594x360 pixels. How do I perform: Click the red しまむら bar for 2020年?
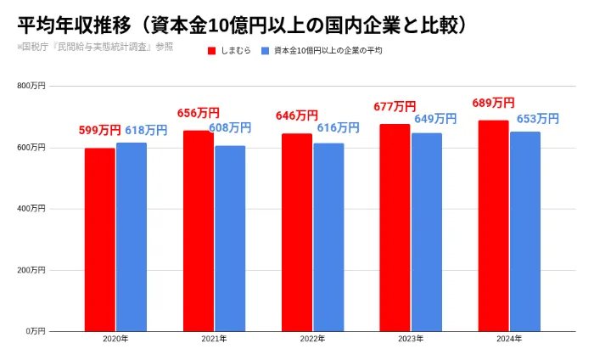(x=100, y=239)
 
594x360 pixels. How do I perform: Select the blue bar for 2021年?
(x=230, y=239)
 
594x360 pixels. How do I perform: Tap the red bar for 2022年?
(x=297, y=233)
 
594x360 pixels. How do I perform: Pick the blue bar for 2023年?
(x=427, y=233)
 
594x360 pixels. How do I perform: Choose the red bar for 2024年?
(x=494, y=226)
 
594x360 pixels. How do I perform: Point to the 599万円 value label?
(x=99, y=131)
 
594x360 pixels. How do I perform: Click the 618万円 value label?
(x=146, y=131)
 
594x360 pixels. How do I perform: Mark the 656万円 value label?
(x=199, y=113)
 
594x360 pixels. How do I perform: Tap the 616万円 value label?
(x=338, y=127)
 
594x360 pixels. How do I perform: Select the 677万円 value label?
(x=395, y=107)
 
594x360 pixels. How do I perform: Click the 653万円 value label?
(x=538, y=119)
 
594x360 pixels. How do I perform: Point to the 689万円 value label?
(x=493, y=103)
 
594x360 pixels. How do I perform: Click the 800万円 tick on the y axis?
(x=31, y=86)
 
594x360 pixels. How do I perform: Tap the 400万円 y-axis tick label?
(x=31, y=209)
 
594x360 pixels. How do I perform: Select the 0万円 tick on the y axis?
(x=36, y=331)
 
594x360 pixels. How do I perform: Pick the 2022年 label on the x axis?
(x=312, y=339)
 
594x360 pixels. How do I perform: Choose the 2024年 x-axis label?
(x=509, y=339)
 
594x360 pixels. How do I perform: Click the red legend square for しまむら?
(x=212, y=51)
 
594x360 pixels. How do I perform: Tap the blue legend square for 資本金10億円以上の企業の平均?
(x=265, y=51)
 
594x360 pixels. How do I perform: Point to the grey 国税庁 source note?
(x=95, y=47)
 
